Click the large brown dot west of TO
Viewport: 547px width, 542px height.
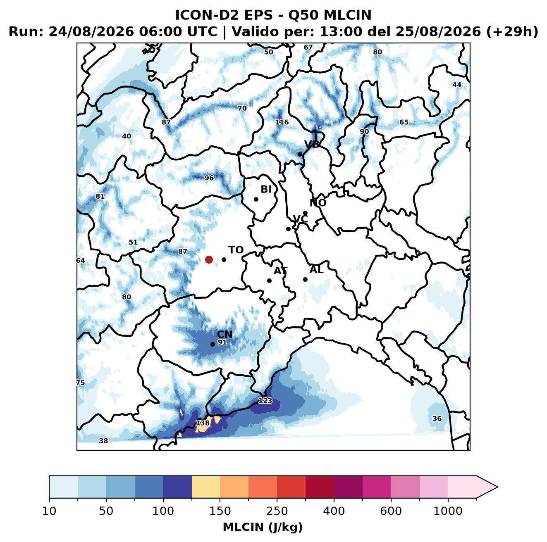209,259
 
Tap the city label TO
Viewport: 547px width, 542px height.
236,250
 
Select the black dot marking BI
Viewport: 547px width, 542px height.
256,200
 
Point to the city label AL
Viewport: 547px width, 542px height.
317,270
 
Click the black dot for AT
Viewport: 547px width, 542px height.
270,281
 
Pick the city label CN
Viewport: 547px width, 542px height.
225,335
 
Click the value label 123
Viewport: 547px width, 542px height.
265,400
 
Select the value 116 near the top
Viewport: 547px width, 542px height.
282,122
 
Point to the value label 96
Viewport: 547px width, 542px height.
209,178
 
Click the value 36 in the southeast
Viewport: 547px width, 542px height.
437,418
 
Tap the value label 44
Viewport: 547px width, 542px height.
457,85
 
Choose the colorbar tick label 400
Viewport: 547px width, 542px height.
334,511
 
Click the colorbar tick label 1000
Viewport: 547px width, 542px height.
448,511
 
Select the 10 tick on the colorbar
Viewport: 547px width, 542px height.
49,511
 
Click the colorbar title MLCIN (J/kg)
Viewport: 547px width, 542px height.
263,527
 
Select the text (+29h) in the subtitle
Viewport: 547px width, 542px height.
512,32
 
